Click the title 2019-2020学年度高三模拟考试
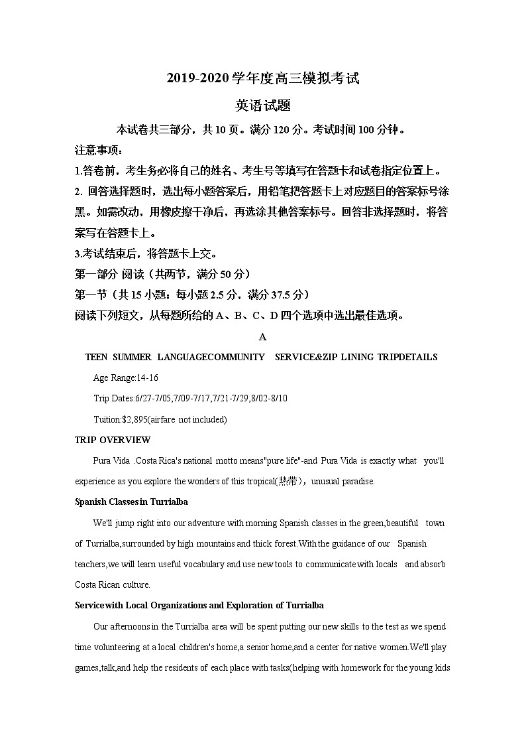[x=262, y=78]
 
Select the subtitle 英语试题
[x=262, y=105]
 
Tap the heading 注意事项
[x=95, y=150]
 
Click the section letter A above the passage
[x=262, y=337]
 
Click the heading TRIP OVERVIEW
[x=113, y=440]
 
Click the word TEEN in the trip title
[x=96, y=357]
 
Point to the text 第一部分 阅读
[x=106, y=274]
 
